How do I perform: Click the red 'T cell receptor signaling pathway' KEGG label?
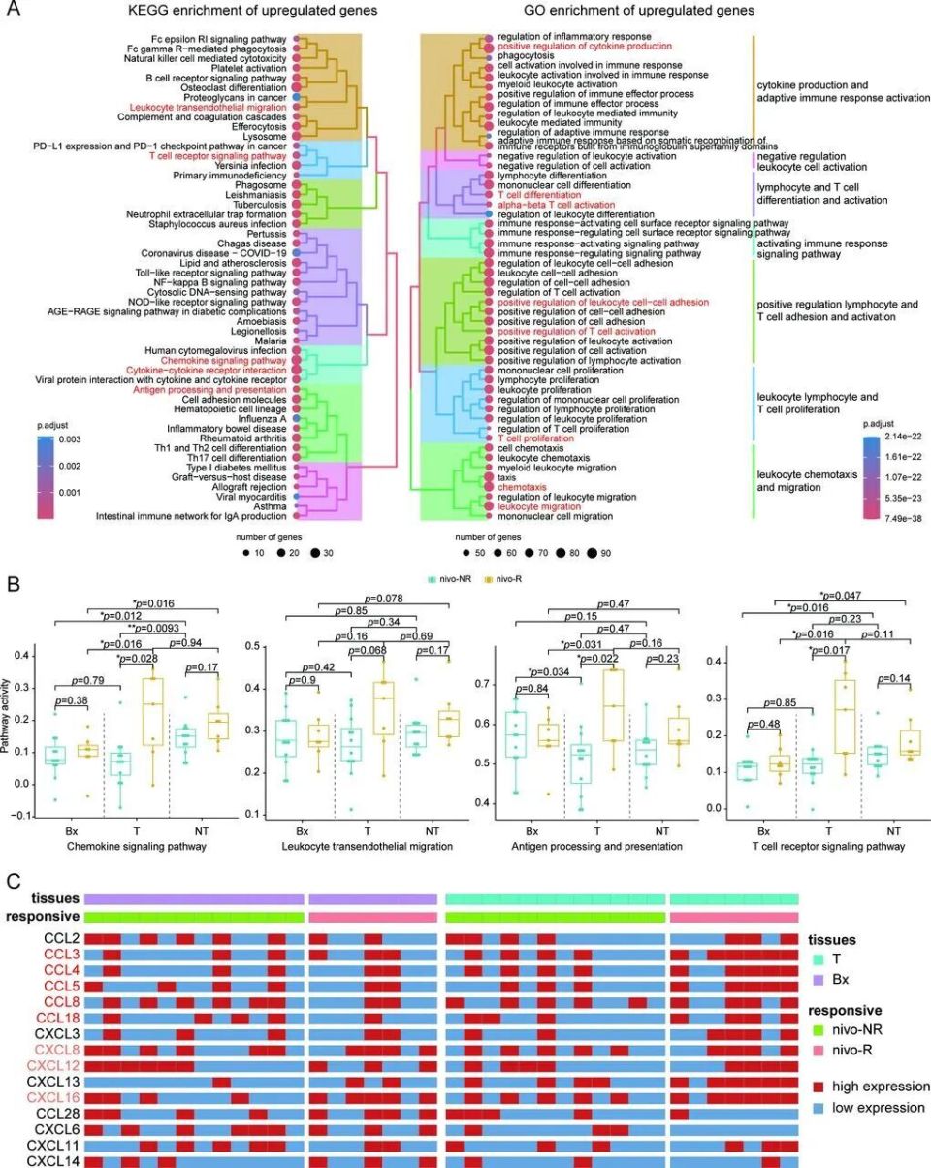217,155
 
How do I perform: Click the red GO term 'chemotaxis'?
522,487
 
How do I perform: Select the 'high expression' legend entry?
879,1087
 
